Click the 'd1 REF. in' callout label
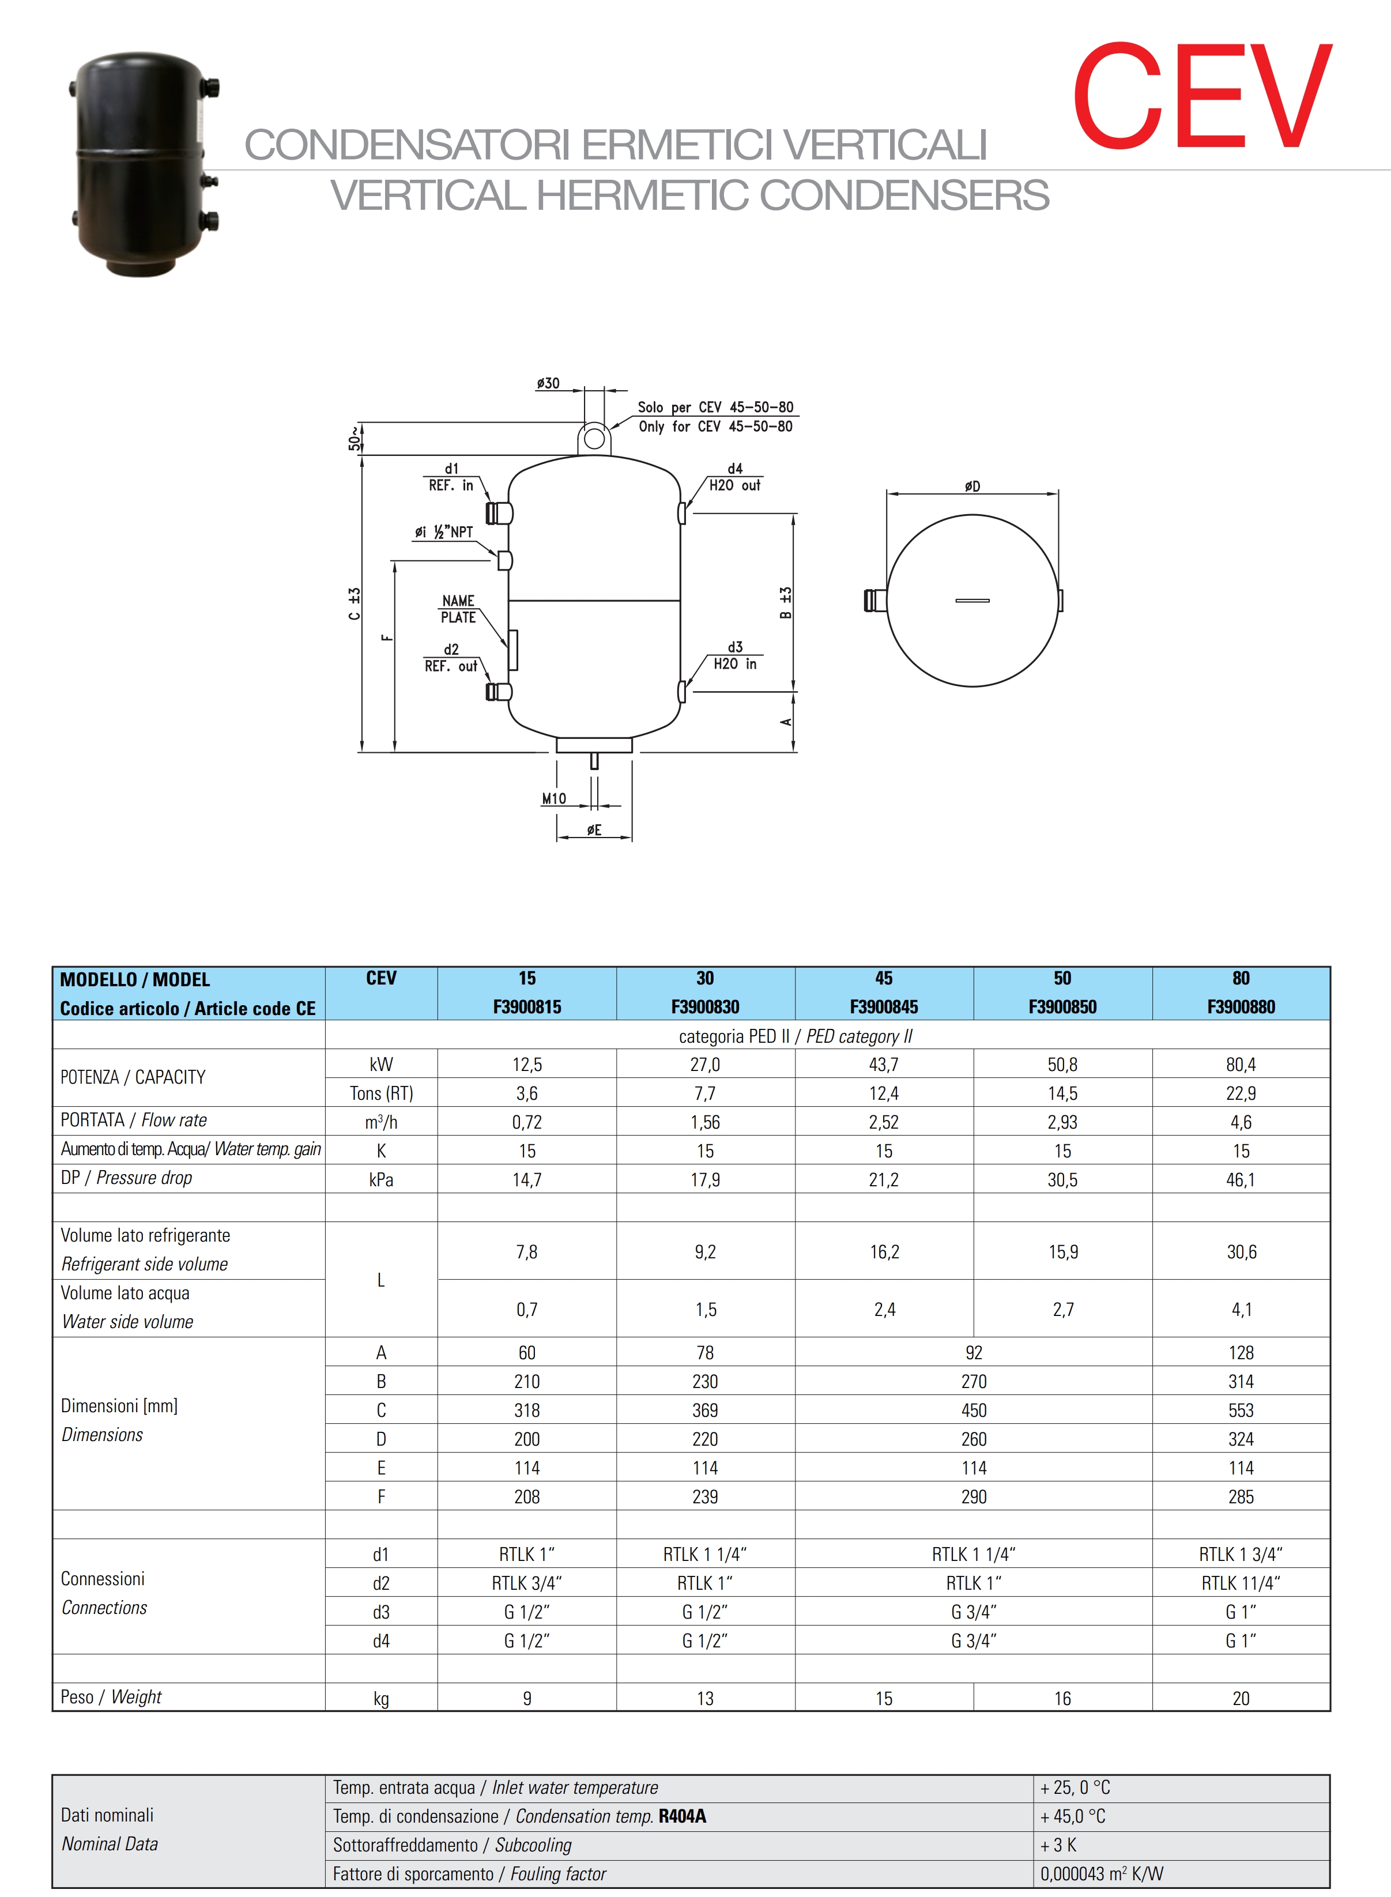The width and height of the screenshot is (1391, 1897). (x=451, y=477)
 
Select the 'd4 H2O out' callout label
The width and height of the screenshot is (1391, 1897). (x=734, y=477)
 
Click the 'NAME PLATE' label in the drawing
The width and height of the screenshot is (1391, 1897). (x=458, y=609)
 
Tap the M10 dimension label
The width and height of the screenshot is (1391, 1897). (x=553, y=798)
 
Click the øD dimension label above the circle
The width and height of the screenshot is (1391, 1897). (x=972, y=486)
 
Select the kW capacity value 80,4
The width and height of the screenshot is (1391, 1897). (x=1241, y=1064)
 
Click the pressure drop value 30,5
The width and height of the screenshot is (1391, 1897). (x=1062, y=1179)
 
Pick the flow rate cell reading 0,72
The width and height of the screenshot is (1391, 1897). (x=526, y=1122)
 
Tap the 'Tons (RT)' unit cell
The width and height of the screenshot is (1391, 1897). (x=382, y=1093)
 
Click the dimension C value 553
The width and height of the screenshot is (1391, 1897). (x=1241, y=1411)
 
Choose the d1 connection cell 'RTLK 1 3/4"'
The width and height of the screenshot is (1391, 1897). (x=1241, y=1554)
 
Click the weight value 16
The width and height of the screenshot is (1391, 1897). (x=1062, y=1698)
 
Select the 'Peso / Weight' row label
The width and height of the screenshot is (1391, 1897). (x=111, y=1696)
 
